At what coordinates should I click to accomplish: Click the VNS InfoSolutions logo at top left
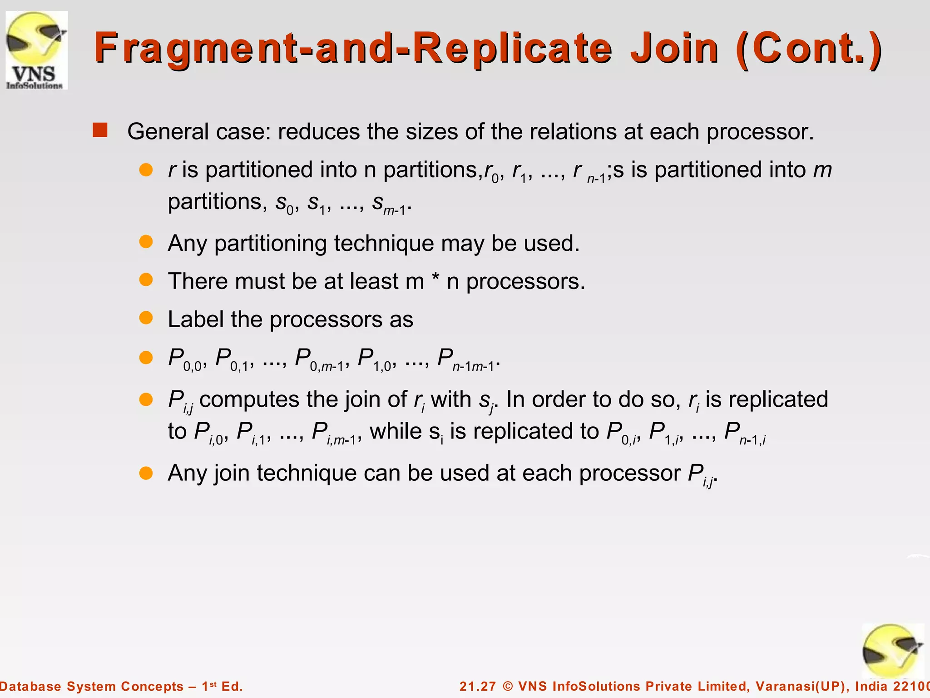click(x=36, y=50)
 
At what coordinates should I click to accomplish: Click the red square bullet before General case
click(x=100, y=130)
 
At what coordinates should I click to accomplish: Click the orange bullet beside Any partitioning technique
click(x=146, y=242)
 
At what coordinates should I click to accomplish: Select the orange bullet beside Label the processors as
click(x=146, y=318)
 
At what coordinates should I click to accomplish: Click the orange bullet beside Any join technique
click(x=146, y=473)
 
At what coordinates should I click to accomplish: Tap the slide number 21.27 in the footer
click(x=477, y=686)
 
